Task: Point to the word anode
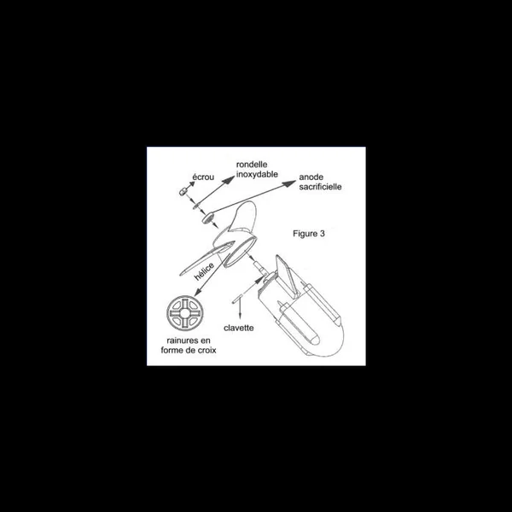pyautogui.click(x=311, y=178)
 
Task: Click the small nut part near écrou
pyautogui.click(x=183, y=195)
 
